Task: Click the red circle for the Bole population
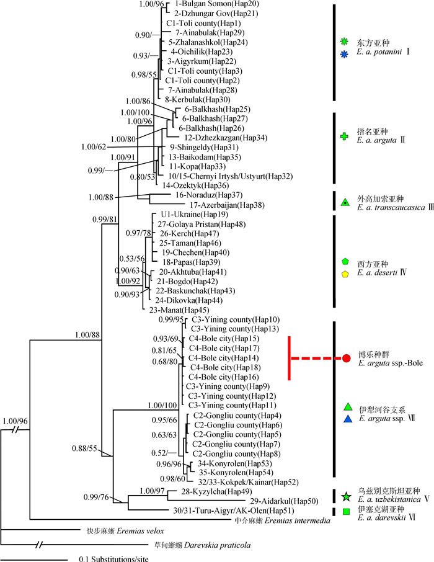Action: pos(347,359)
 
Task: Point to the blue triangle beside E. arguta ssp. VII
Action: pos(347,419)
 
